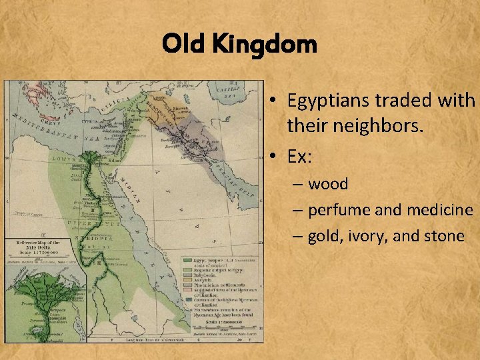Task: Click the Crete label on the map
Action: [49, 121]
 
